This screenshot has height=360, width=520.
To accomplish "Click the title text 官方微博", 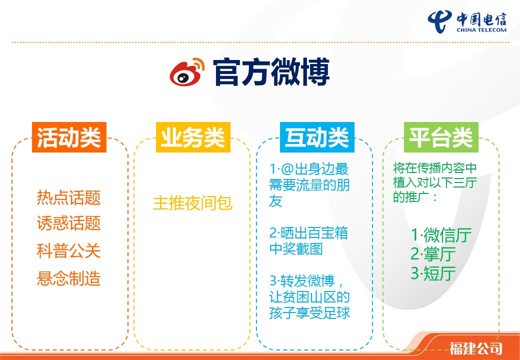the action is pos(271,72).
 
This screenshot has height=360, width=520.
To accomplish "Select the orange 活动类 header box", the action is pos(69,137).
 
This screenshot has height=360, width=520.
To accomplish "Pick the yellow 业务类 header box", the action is pos(193,137).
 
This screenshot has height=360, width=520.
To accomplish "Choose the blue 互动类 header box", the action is pos(317,137).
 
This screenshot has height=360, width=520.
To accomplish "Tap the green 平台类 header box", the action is pos(441,137).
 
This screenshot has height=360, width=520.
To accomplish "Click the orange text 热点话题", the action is pos(68,197).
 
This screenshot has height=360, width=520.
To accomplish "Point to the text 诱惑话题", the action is pos(68,223).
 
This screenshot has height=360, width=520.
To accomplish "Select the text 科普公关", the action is pos(68,251).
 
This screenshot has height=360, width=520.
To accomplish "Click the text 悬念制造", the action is pos(68,278).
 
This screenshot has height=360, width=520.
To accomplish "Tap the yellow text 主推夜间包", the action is pos(192,203).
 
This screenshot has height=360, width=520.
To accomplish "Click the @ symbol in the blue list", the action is pos(286,169).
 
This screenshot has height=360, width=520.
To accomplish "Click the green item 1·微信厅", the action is pos(441,235).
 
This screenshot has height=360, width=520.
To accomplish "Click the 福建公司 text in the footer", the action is pos(476,348).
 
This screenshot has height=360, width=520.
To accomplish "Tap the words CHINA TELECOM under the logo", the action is pos(481,30).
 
